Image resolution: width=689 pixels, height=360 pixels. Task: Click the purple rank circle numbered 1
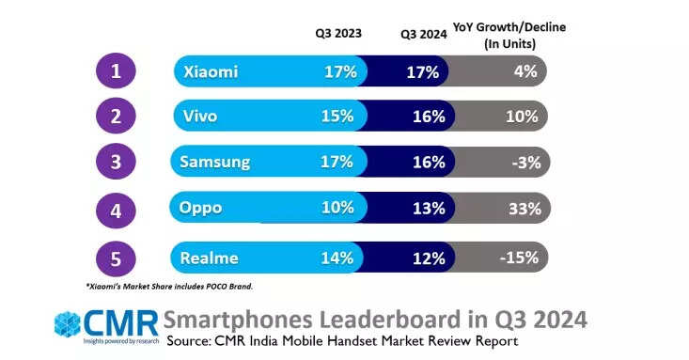click(x=116, y=70)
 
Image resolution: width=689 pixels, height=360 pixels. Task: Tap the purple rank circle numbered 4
click(x=116, y=211)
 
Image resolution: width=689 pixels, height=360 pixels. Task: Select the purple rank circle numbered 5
click(x=116, y=258)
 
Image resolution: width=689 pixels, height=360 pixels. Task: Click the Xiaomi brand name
click(x=211, y=71)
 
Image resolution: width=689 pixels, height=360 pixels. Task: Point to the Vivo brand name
click(x=200, y=116)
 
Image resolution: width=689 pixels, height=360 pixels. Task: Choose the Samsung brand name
click(x=215, y=163)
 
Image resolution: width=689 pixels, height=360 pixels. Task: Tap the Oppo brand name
click(x=200, y=208)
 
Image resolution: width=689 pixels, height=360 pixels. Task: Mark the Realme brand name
click(x=210, y=258)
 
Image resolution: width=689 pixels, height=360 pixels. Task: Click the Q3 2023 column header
click(x=338, y=34)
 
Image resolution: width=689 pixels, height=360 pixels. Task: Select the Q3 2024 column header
click(x=424, y=34)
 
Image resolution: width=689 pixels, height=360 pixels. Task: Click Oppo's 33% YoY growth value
click(x=525, y=209)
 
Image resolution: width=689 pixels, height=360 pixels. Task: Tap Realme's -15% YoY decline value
click(x=519, y=258)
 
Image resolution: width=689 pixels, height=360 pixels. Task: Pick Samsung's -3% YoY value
click(x=526, y=163)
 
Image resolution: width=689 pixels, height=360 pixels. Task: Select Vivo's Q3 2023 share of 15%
click(x=337, y=116)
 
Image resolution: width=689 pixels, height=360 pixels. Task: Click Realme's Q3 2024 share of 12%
click(x=429, y=258)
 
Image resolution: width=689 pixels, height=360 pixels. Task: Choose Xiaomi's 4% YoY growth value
click(x=525, y=71)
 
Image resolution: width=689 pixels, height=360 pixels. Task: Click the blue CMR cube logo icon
click(x=68, y=324)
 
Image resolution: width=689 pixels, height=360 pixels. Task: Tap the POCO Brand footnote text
click(x=169, y=286)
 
